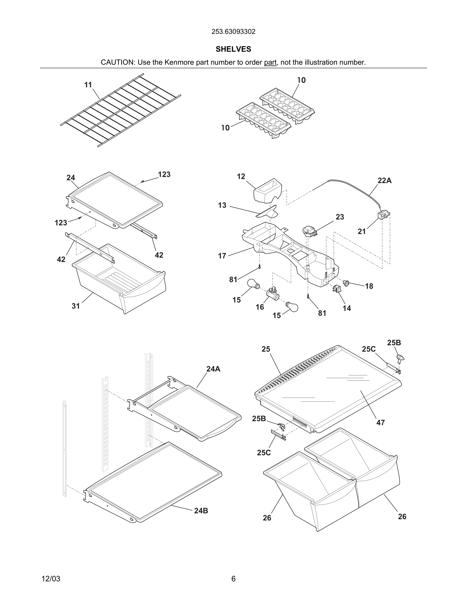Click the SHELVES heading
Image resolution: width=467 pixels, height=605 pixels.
tap(233, 49)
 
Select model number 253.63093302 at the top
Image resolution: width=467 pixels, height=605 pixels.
tap(233, 32)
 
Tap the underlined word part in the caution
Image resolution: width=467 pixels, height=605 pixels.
tap(270, 62)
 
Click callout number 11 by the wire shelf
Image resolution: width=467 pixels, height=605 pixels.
tap(88, 85)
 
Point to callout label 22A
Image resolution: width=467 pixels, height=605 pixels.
tap(384, 181)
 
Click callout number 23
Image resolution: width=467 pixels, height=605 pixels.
tap(340, 217)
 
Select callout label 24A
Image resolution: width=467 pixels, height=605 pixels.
tap(213, 369)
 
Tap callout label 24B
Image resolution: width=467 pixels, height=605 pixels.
tap(201, 511)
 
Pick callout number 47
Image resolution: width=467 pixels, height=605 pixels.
tap(381, 422)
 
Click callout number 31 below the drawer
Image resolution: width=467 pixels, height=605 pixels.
tap(76, 306)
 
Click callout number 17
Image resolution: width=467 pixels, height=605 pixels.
tap(222, 256)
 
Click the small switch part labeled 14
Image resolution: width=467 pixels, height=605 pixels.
tap(337, 289)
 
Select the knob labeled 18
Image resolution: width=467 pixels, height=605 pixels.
tap(346, 283)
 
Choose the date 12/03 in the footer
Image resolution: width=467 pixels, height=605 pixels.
tap(51, 579)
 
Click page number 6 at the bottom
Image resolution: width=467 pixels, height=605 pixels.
tap(233, 579)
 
